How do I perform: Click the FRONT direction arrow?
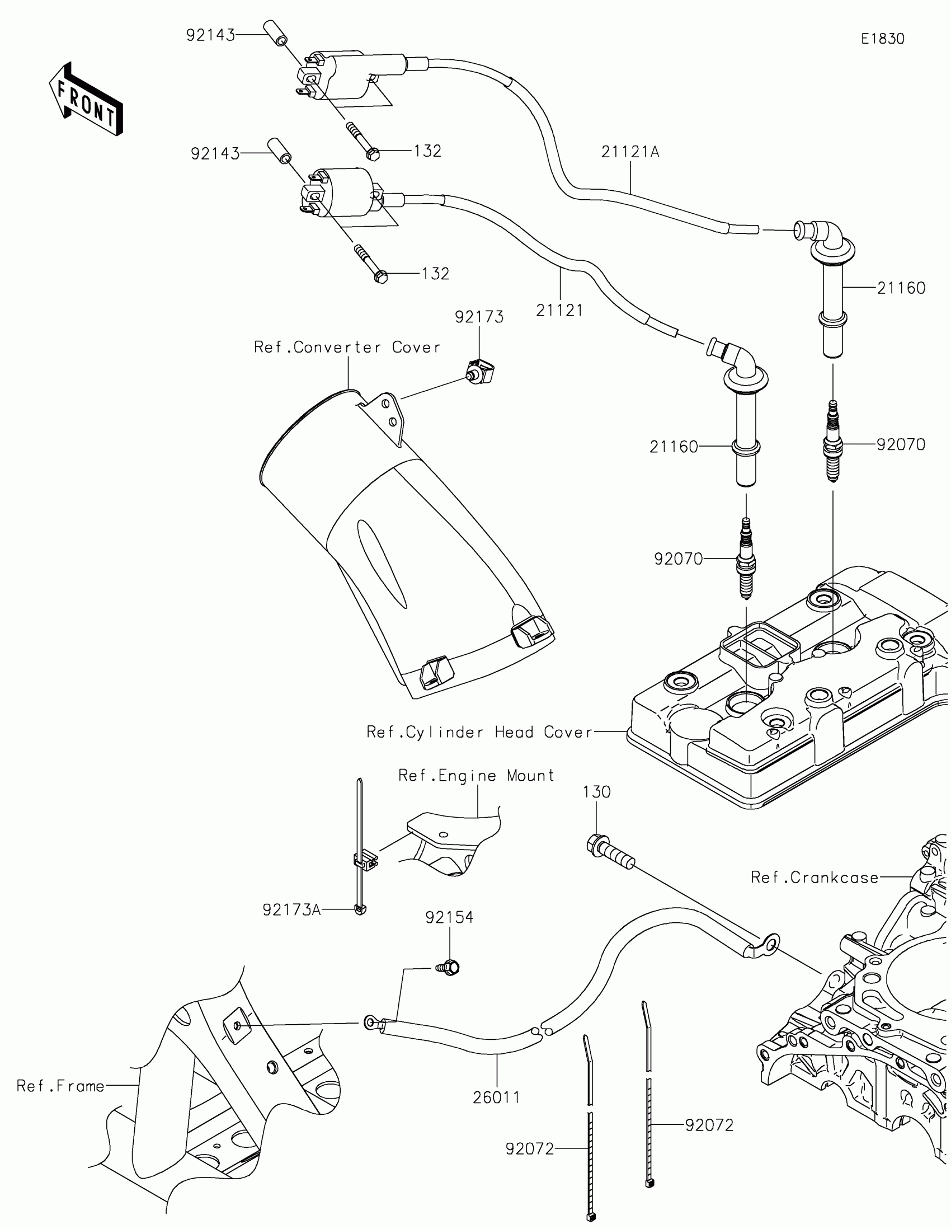click(86, 98)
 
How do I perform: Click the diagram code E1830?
click(882, 39)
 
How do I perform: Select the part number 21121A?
click(630, 152)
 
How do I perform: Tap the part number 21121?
click(559, 310)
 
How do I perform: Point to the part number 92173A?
click(291, 910)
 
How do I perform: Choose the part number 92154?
click(449, 918)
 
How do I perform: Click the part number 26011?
click(497, 1097)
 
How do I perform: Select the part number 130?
click(597, 792)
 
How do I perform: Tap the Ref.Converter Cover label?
click(347, 347)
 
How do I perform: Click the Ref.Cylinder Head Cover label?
click(480, 732)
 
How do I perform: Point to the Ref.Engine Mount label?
click(477, 776)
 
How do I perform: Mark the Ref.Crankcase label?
click(815, 878)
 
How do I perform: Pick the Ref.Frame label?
click(61, 1086)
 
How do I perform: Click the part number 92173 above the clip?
click(479, 317)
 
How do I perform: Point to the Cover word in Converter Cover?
click(416, 347)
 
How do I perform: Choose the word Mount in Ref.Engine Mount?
click(530, 776)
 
